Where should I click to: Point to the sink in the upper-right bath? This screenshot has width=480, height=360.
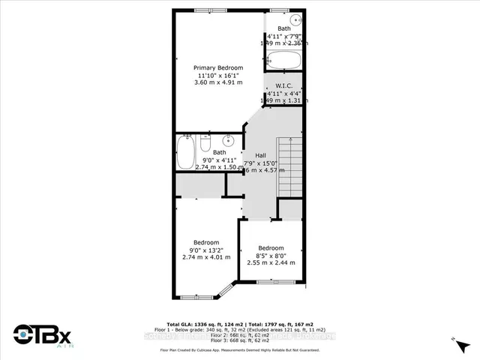pyautogui.click(x=295, y=20)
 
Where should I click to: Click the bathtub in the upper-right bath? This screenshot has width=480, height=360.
pyautogui.click(x=283, y=60)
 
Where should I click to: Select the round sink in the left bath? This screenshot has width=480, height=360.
pyautogui.click(x=227, y=140)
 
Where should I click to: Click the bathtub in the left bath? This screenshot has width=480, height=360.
pyautogui.click(x=185, y=152)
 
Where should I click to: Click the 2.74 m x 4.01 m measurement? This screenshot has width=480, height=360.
pyautogui.click(x=206, y=257)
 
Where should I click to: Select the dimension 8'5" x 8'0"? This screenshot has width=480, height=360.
pyautogui.click(x=271, y=256)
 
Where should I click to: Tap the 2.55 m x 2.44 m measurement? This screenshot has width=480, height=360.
pyautogui.click(x=271, y=263)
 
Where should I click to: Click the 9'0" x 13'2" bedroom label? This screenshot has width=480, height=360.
pyautogui.click(x=206, y=250)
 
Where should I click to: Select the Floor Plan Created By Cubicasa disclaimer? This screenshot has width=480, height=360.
pyautogui.click(x=240, y=349)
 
